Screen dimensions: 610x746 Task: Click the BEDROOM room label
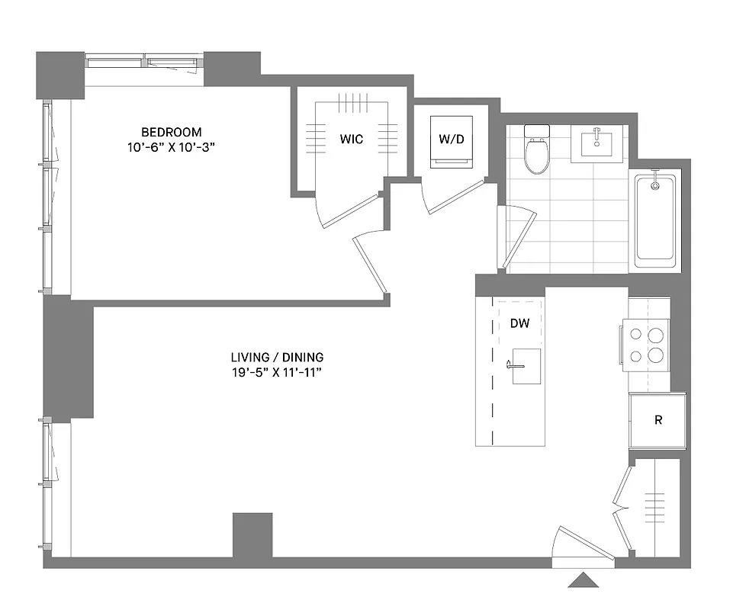pyautogui.click(x=172, y=132)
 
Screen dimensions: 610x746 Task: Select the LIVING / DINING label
pyautogui.click(x=277, y=357)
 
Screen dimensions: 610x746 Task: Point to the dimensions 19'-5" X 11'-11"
pyautogui.click(x=277, y=373)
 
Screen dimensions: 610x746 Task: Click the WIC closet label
pyautogui.click(x=352, y=139)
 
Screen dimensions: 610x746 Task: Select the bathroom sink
pyautogui.click(x=597, y=142)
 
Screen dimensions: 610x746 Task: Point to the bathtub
pyautogui.click(x=654, y=221)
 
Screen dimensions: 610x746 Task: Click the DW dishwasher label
pyautogui.click(x=519, y=323)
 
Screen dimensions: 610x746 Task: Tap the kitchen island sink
pyautogui.click(x=526, y=366)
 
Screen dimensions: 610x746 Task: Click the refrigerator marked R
pyautogui.click(x=658, y=420)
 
